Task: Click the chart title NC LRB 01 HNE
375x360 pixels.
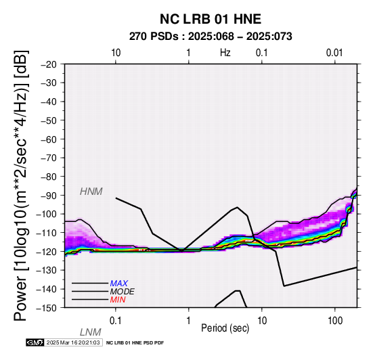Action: (211, 19)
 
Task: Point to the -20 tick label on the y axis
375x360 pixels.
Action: (49, 64)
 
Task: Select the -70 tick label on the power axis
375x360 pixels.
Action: (49, 158)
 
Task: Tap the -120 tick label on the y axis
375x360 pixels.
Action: (47, 252)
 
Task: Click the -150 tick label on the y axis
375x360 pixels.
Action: (47, 308)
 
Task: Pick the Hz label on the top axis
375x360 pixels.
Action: (225, 53)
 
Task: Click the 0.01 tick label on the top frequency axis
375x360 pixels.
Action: (334, 53)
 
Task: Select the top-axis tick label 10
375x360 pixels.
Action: (116, 53)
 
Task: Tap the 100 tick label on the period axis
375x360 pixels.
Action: (335, 321)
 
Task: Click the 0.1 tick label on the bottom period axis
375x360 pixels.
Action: (116, 321)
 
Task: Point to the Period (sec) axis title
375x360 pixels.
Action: (225, 328)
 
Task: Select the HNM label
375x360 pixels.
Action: (91, 192)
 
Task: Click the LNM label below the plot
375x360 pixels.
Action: (91, 332)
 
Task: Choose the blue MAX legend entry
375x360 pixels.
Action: (119, 284)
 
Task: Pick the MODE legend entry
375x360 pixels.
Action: (123, 292)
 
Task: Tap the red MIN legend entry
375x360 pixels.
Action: (118, 300)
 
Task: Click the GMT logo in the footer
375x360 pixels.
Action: (35, 342)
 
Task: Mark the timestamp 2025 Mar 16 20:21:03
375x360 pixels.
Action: (73, 342)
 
